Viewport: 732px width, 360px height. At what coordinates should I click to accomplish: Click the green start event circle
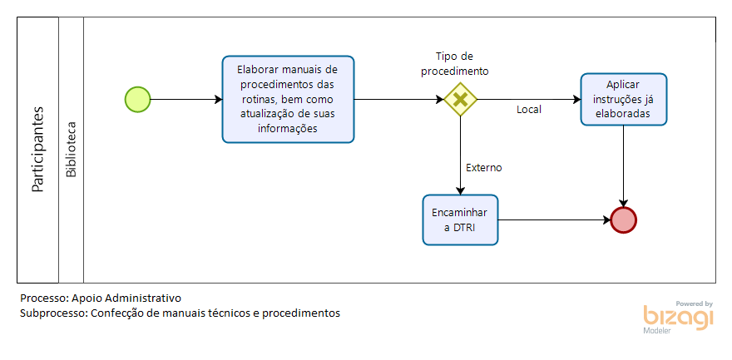click(x=138, y=99)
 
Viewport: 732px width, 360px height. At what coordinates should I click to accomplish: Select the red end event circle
click(x=623, y=219)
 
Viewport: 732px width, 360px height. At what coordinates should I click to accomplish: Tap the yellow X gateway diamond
click(x=460, y=99)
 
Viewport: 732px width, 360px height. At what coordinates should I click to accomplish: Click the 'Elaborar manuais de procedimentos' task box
click(x=288, y=99)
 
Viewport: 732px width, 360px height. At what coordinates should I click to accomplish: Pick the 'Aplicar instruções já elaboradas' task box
click(x=624, y=99)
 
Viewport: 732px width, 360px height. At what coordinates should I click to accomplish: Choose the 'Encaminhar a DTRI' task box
click(x=460, y=219)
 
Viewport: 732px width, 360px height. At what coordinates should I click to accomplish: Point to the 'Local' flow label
click(x=529, y=110)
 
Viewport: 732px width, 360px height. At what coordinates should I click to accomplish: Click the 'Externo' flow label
click(x=483, y=167)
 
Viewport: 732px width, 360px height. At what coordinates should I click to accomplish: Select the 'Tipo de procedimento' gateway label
click(x=455, y=64)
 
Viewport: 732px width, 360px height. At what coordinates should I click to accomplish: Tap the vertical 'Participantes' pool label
click(x=37, y=149)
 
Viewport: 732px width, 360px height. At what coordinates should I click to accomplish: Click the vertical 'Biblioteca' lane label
click(x=71, y=149)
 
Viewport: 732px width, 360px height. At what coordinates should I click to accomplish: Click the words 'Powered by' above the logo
click(x=695, y=303)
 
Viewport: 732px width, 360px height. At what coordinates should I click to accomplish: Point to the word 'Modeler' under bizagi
click(x=657, y=331)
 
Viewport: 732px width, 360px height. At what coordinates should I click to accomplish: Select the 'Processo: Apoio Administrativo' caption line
click(x=101, y=298)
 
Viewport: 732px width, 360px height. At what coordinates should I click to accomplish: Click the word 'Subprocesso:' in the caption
click(x=54, y=313)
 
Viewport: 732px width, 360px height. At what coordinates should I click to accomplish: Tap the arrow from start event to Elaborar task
click(x=186, y=99)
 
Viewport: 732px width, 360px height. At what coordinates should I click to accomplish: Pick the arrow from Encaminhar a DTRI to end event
click(x=555, y=219)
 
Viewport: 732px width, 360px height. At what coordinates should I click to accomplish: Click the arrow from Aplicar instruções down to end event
click(x=624, y=166)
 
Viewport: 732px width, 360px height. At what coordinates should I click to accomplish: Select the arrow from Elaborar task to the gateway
click(x=399, y=99)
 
